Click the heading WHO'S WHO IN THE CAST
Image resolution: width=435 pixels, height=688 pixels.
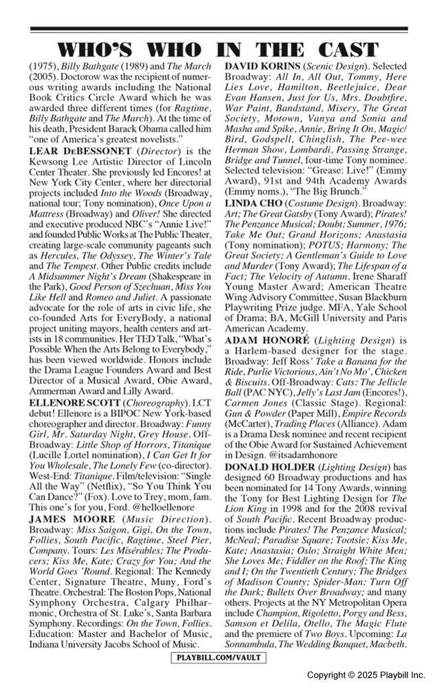217,50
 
